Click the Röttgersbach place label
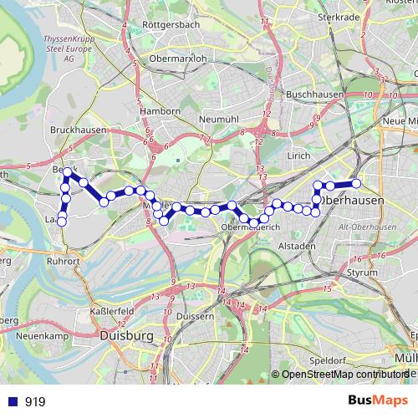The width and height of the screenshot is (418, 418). pyautogui.click(x=171, y=25)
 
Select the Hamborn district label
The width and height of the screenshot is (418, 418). pyautogui.click(x=161, y=111)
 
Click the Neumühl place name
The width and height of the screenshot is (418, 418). pyautogui.click(x=220, y=120)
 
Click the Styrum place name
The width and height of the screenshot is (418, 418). pyautogui.click(x=361, y=273)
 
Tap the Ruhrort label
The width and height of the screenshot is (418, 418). pyautogui.click(x=63, y=260)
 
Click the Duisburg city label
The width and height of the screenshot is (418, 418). pyautogui.click(x=126, y=335)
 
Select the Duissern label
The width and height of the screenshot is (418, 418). pyautogui.click(x=196, y=317)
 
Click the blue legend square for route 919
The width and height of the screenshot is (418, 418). pyautogui.click(x=11, y=401)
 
